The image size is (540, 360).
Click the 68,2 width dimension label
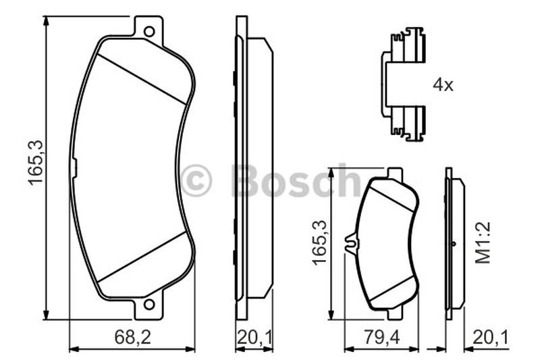coord(132,337)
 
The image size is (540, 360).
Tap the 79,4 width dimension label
coord(381,337)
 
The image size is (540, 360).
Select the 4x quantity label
coord(443,84)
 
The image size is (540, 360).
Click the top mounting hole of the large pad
coord(149,32)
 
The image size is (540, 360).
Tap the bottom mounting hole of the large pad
coord(149,304)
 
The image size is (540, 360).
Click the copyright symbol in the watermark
coord(196,180)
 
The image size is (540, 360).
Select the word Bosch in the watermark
coord(296,180)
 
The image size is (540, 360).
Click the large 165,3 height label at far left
coord(36,163)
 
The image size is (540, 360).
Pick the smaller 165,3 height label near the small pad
coord(319,242)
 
